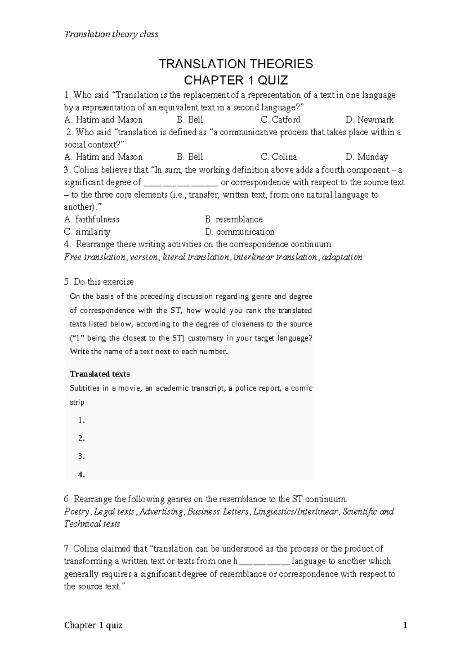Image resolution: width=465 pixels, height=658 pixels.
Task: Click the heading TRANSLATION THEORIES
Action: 236,64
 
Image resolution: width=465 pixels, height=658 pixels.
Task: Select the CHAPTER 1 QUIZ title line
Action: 236,81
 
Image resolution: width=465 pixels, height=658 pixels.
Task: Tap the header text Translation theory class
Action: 111,34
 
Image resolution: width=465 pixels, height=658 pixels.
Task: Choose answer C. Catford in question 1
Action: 280,120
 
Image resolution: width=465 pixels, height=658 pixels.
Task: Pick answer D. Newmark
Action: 369,120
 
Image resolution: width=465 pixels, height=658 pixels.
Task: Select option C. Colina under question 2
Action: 279,157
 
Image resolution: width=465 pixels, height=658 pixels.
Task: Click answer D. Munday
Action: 367,157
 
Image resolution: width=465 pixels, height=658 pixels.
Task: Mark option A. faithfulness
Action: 92,219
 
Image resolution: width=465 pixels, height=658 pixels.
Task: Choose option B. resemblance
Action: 234,219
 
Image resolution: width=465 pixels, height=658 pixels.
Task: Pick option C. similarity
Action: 87,232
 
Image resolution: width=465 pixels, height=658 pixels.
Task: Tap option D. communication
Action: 239,232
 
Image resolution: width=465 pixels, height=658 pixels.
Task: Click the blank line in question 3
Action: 181,183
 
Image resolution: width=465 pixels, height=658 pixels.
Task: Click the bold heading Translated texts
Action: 100,374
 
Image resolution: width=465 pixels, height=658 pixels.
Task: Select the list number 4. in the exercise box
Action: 81,474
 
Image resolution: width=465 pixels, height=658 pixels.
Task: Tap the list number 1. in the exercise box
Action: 81,420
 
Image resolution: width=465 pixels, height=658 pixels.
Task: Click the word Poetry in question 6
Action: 77,512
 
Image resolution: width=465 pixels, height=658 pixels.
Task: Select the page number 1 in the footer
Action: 405,625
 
